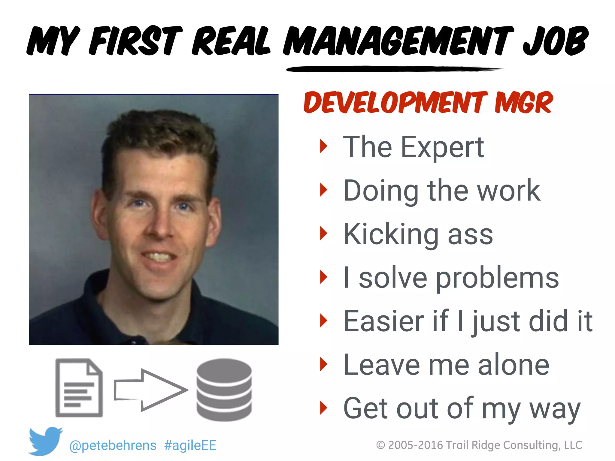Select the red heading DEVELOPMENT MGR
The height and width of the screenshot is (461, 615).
(428, 103)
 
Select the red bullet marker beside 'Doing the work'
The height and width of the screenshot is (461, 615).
(323, 190)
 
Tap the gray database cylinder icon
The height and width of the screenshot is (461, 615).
(224, 390)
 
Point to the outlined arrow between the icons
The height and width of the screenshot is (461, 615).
(150, 390)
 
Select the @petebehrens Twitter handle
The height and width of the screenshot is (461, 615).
(113, 445)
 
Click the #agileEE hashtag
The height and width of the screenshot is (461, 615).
(190, 445)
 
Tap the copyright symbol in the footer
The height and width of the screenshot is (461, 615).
(380, 445)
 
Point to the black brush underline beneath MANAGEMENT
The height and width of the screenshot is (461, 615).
(393, 69)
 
